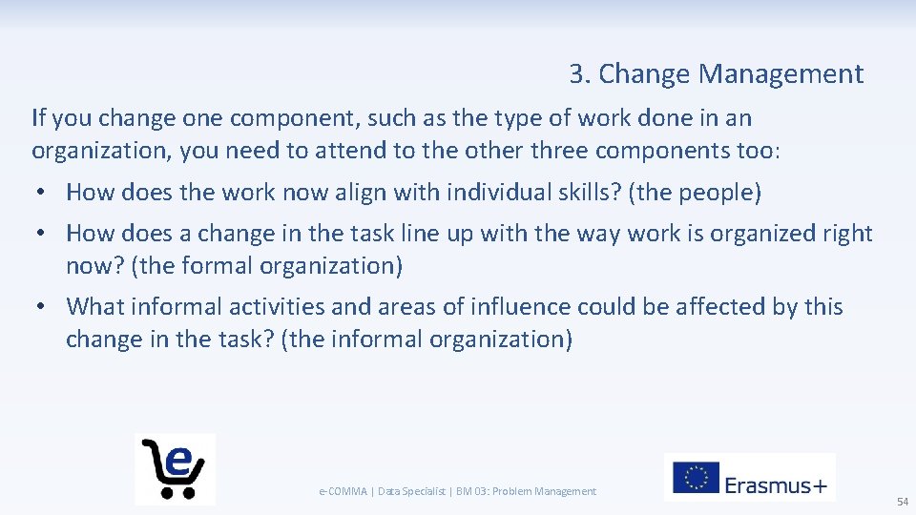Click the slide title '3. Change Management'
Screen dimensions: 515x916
click(x=716, y=74)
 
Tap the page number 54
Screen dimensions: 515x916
click(x=902, y=502)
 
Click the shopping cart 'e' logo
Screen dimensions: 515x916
click(x=175, y=468)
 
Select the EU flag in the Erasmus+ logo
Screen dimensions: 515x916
click(x=696, y=478)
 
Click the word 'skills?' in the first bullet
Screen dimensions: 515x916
click(x=589, y=193)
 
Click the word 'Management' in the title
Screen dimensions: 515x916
click(x=781, y=74)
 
